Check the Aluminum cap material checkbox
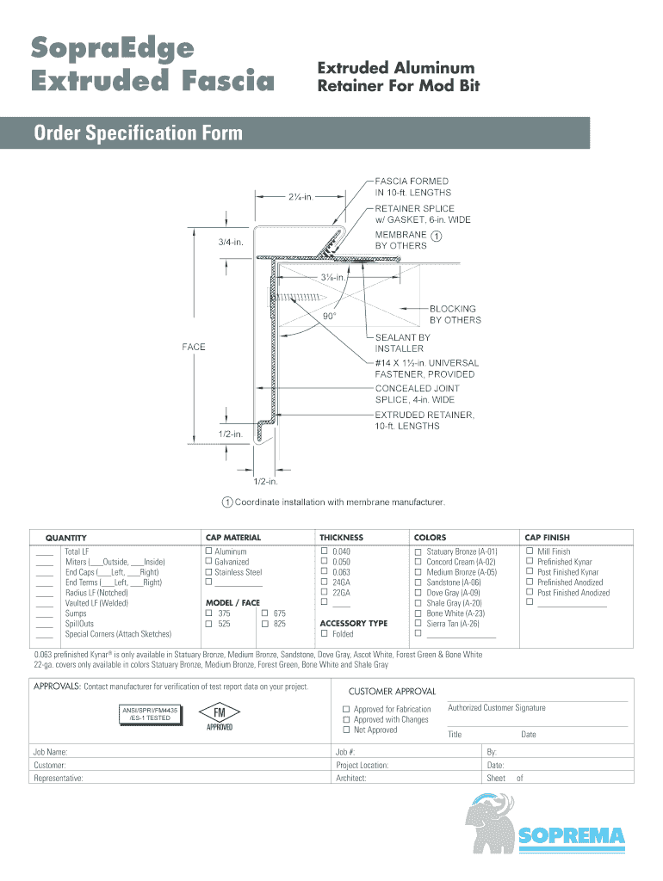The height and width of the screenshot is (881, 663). point(208,551)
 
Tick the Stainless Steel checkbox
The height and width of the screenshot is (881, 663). point(208,572)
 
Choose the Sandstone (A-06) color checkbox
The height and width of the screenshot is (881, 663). point(418,582)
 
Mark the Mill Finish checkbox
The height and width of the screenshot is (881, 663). point(530,551)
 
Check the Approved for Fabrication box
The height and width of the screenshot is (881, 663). point(346,709)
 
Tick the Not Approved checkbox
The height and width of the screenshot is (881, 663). point(346,730)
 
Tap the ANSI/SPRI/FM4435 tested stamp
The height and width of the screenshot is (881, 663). point(150,713)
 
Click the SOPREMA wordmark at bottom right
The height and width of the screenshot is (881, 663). point(572,835)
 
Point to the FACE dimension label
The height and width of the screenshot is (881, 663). point(194,347)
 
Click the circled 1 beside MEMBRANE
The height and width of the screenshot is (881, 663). point(437,236)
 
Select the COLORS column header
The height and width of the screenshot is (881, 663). point(431,537)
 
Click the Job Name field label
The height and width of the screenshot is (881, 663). point(51,752)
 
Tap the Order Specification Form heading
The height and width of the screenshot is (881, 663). point(138,133)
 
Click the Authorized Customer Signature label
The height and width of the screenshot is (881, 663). point(497,708)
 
